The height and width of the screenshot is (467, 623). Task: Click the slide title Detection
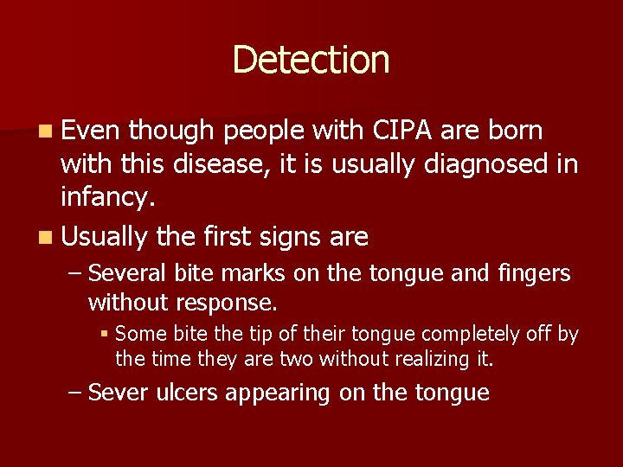tap(311, 60)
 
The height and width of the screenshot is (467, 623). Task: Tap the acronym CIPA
tap(402, 131)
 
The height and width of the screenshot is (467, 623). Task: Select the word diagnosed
tap(487, 163)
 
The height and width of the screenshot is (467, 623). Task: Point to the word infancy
tap(106, 198)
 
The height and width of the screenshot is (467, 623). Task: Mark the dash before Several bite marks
tap(75, 274)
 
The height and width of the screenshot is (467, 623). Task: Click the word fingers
tap(535, 274)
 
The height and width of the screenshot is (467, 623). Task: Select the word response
tap(226, 303)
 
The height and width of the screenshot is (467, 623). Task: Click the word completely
tap(473, 334)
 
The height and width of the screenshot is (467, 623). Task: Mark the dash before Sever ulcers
tap(75, 393)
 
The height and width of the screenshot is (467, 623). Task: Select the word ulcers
tap(187, 393)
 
